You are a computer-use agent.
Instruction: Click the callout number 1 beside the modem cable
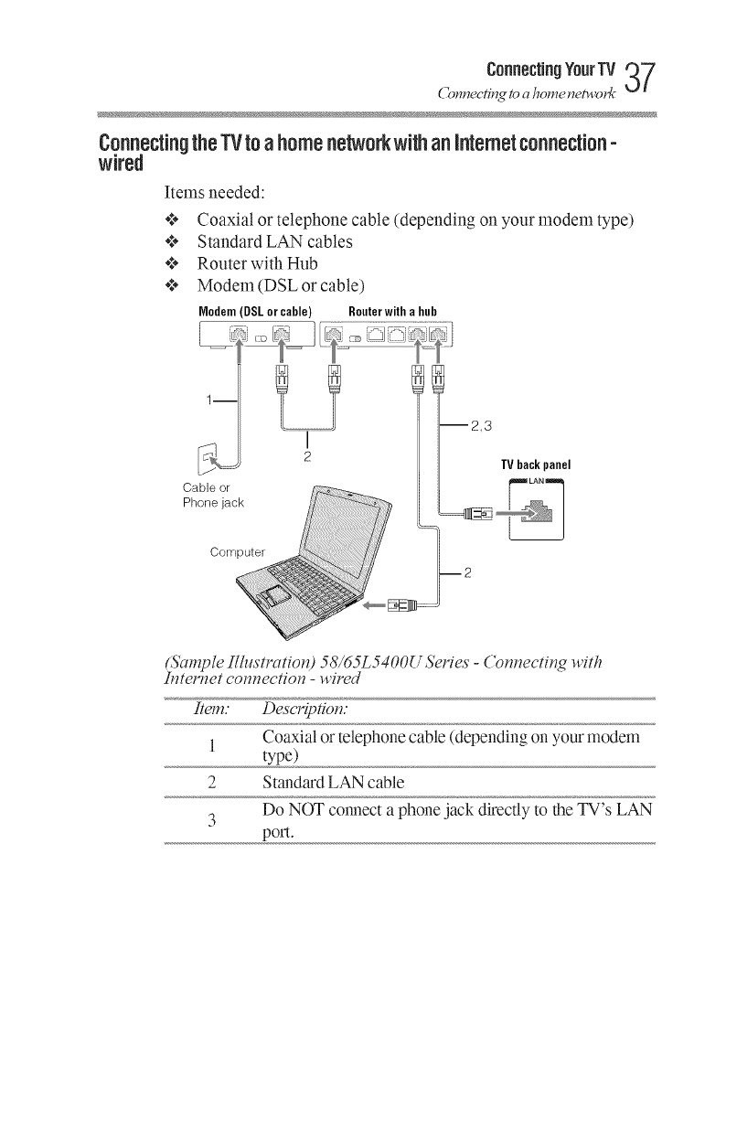(x=210, y=399)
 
